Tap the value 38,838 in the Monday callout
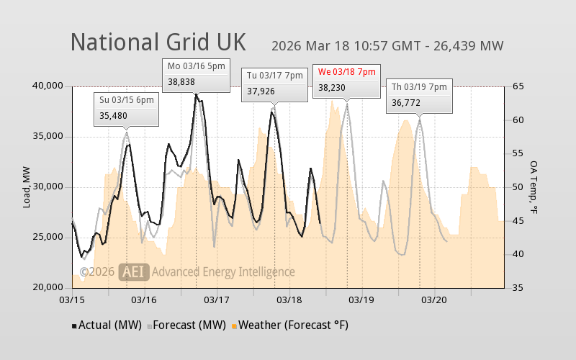point(181,81)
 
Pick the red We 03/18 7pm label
point(347,71)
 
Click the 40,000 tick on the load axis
point(48,86)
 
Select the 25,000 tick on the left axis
point(48,237)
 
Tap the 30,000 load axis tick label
point(48,186)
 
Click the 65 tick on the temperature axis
point(517,86)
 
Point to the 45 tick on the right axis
point(517,220)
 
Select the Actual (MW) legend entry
point(107,325)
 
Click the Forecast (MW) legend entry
point(185,325)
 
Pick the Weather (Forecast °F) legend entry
point(288,325)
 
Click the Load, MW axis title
point(27,187)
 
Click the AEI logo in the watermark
point(133,271)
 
